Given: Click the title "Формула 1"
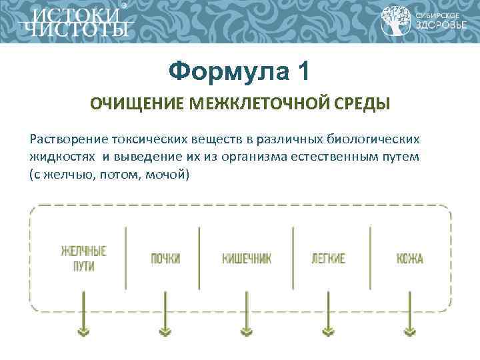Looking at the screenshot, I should pyautogui.click(x=239, y=71).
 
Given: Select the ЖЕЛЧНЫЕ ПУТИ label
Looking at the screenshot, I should pyautogui.click(x=84, y=258).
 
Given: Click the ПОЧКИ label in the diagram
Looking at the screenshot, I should pyautogui.click(x=165, y=259).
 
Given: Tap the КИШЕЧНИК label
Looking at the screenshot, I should pyautogui.click(x=246, y=259).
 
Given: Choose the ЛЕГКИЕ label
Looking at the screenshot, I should pyautogui.click(x=328, y=259).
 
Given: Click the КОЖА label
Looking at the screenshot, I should pyautogui.click(x=409, y=259).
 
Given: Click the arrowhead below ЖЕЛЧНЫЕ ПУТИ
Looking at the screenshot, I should pyautogui.click(x=84, y=331).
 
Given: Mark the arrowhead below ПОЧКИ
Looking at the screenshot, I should pyautogui.click(x=165, y=331).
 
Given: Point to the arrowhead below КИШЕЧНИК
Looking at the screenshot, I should pyautogui.click(x=246, y=331).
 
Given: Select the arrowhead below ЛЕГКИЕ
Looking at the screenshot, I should pyautogui.click(x=328, y=331).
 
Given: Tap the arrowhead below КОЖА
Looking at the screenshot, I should pyautogui.click(x=409, y=331).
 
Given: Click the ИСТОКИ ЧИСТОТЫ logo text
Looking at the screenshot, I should pyautogui.click(x=74, y=22).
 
